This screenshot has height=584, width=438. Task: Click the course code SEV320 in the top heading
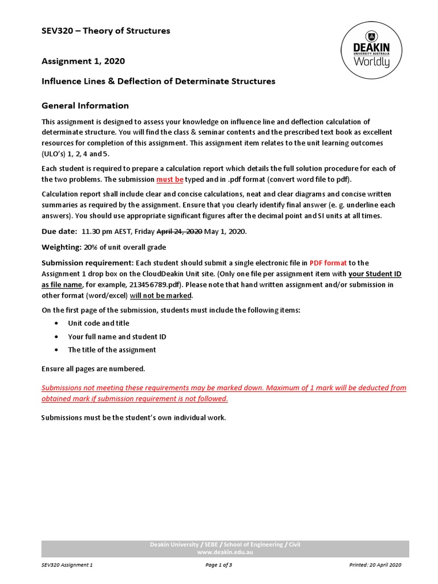(60, 31)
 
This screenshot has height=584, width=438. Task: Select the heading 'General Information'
(85, 106)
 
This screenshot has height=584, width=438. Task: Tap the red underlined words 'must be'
(169, 179)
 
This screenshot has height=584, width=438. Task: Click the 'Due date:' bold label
(59, 232)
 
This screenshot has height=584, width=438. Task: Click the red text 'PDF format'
(328, 263)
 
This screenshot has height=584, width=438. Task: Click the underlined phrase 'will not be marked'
(161, 295)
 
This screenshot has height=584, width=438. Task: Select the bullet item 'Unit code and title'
(99, 323)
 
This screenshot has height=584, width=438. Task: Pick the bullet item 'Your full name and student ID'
(117, 336)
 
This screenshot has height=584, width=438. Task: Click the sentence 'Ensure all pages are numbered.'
(93, 368)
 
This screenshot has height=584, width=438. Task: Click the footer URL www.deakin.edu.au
(225, 553)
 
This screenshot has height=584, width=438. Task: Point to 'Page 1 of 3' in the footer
(222, 565)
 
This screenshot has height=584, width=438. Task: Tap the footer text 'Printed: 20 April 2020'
(375, 565)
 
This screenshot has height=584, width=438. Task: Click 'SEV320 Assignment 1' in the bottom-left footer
(67, 565)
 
